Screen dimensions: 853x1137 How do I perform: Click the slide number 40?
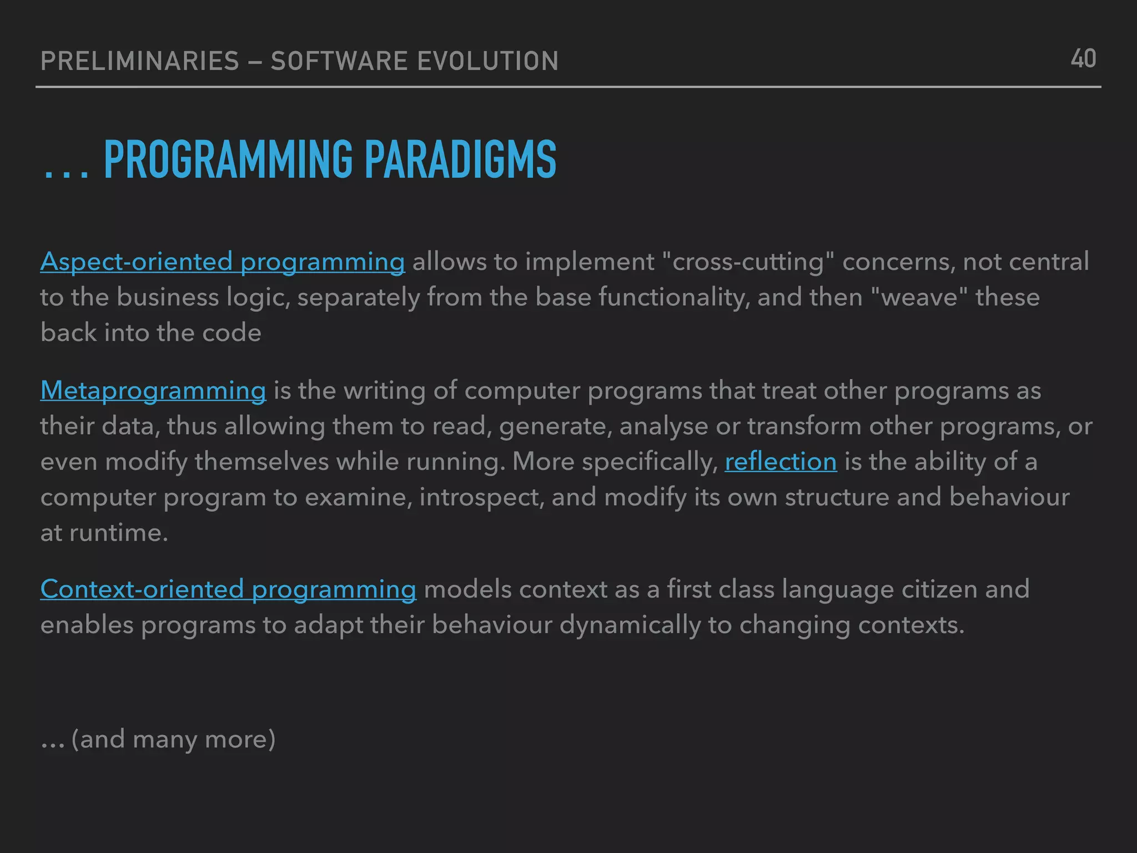click(x=1083, y=59)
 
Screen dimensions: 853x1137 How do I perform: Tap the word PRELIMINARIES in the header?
click(x=140, y=61)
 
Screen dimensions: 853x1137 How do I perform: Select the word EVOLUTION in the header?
click(x=487, y=61)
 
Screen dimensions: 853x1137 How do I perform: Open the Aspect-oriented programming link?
click(x=223, y=262)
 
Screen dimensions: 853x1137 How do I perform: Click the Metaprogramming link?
click(x=153, y=390)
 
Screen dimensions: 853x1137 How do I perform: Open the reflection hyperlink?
click(x=781, y=461)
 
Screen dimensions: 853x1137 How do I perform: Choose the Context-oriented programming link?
click(x=228, y=589)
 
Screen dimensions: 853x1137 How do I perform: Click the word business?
click(x=168, y=297)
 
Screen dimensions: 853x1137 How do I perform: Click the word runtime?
click(x=118, y=533)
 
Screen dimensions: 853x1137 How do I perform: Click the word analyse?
click(x=663, y=426)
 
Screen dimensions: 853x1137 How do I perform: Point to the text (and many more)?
click(x=173, y=739)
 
